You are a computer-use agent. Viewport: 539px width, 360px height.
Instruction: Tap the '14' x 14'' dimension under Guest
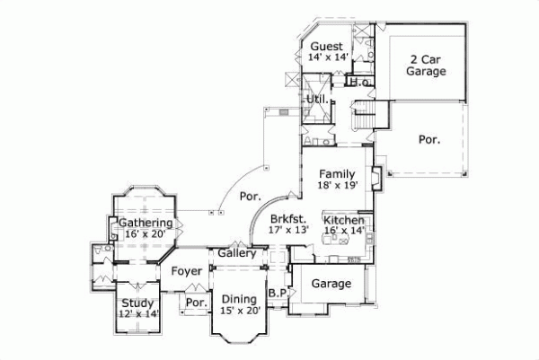coord(327,57)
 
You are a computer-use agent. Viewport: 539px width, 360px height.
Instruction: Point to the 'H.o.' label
coord(361,83)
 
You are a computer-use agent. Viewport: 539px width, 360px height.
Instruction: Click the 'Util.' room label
coord(316,99)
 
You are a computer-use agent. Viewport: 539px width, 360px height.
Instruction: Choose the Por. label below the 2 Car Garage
coord(429,139)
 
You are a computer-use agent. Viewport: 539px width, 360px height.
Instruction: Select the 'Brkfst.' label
coord(287,218)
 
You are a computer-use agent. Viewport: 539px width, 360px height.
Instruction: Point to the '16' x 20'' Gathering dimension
coord(145,234)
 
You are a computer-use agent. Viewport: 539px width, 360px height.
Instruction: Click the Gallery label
coord(237,253)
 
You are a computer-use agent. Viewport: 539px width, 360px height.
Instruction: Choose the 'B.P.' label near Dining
coord(277,294)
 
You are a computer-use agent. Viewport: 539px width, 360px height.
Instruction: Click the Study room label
coord(137,303)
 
